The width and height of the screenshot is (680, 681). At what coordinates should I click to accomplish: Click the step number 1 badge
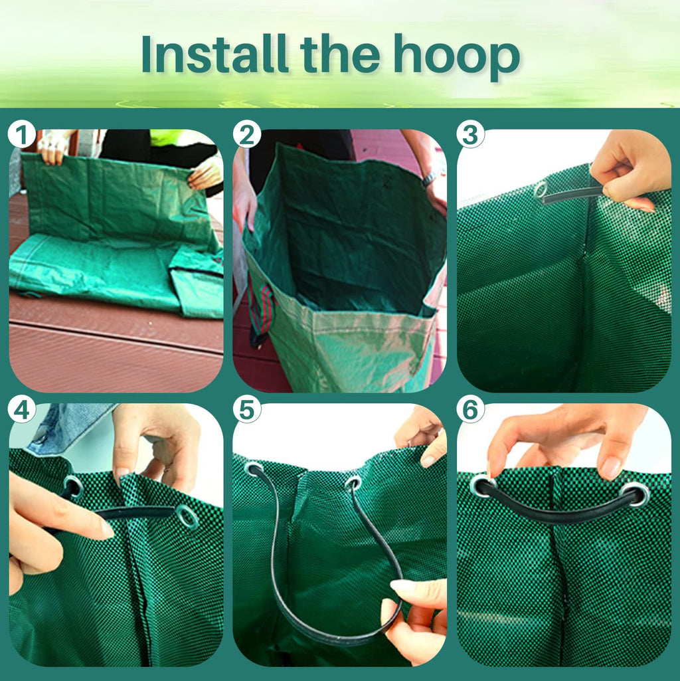click(22, 135)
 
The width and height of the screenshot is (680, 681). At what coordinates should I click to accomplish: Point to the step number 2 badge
click(246, 135)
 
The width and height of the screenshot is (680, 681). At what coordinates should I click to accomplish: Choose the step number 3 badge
click(471, 135)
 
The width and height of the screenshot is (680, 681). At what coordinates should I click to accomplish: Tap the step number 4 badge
click(22, 409)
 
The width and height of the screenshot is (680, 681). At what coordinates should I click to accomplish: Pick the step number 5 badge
click(246, 409)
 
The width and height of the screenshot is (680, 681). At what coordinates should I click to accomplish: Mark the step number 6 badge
click(471, 409)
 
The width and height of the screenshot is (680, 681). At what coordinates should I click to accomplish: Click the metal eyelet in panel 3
click(541, 190)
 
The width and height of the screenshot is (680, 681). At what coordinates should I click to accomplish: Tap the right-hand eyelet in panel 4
click(187, 517)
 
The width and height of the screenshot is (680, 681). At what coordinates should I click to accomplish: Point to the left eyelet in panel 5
click(254, 470)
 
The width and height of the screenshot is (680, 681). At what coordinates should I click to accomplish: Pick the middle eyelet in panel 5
click(353, 483)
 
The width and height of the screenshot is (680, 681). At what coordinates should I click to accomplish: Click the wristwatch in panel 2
click(430, 177)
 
